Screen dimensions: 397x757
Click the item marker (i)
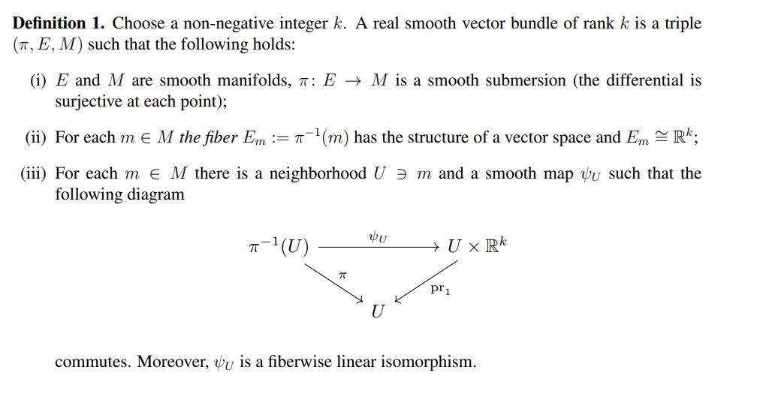38,80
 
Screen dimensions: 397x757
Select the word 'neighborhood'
317,174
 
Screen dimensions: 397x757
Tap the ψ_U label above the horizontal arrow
378,236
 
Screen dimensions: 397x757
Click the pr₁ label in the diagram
441,289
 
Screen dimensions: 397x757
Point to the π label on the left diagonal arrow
342,275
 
